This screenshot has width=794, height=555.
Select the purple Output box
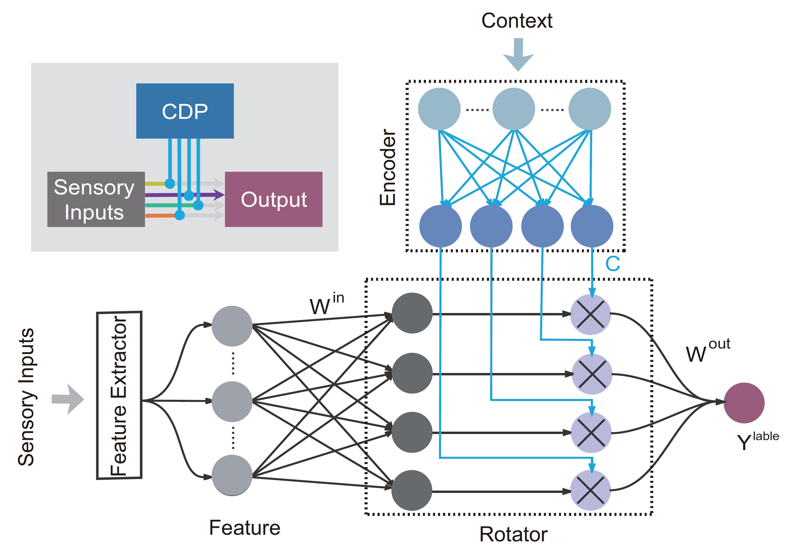(x=273, y=199)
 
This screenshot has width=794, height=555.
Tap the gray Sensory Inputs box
(x=96, y=199)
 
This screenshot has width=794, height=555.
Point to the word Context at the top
(x=517, y=21)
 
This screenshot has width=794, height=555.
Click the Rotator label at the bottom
(x=513, y=534)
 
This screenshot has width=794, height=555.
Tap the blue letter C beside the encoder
(x=612, y=264)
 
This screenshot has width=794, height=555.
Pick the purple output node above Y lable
(x=744, y=403)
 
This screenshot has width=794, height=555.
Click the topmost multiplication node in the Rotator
(x=590, y=314)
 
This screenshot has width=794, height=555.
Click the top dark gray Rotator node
(x=412, y=313)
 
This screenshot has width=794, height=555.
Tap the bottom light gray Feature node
(x=232, y=475)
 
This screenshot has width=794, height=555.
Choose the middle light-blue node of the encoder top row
(x=513, y=109)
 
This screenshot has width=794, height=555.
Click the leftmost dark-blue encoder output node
(x=440, y=226)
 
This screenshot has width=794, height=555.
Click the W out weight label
(x=708, y=350)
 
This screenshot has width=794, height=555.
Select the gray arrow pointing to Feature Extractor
(x=68, y=399)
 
